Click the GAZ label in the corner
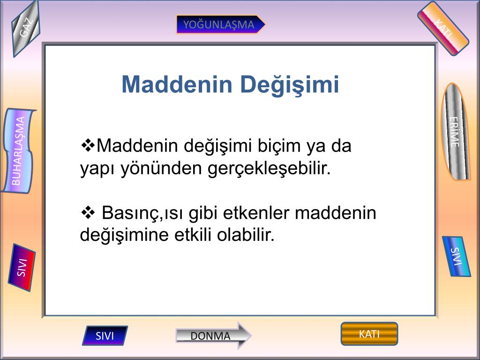(26, 29)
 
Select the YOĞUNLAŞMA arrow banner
(220, 24)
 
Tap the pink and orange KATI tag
(443, 29)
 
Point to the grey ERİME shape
(455, 132)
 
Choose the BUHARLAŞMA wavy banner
(18, 150)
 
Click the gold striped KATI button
(369, 334)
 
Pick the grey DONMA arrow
(213, 336)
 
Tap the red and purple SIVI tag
(22, 267)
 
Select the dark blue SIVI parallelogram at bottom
(105, 336)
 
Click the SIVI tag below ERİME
(456, 256)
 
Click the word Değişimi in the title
(290, 85)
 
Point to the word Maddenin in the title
(177, 84)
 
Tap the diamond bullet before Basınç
(88, 212)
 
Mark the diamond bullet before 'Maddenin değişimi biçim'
(88, 145)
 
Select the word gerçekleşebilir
(269, 169)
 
